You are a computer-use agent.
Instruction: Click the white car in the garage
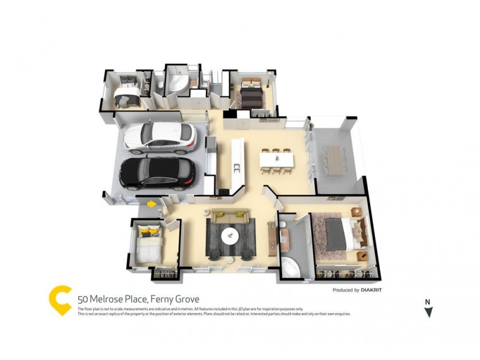tap(160, 137)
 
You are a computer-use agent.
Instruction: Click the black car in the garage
tap(157, 173)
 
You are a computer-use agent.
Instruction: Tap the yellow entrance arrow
tap(152, 204)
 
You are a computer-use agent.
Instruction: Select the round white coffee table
tap(230, 236)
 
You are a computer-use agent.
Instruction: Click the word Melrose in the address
tap(104, 299)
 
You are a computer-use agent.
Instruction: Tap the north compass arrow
tap(428, 311)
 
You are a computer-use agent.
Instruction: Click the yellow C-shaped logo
tap(60, 299)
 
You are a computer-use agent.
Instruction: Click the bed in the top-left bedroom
tap(127, 91)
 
